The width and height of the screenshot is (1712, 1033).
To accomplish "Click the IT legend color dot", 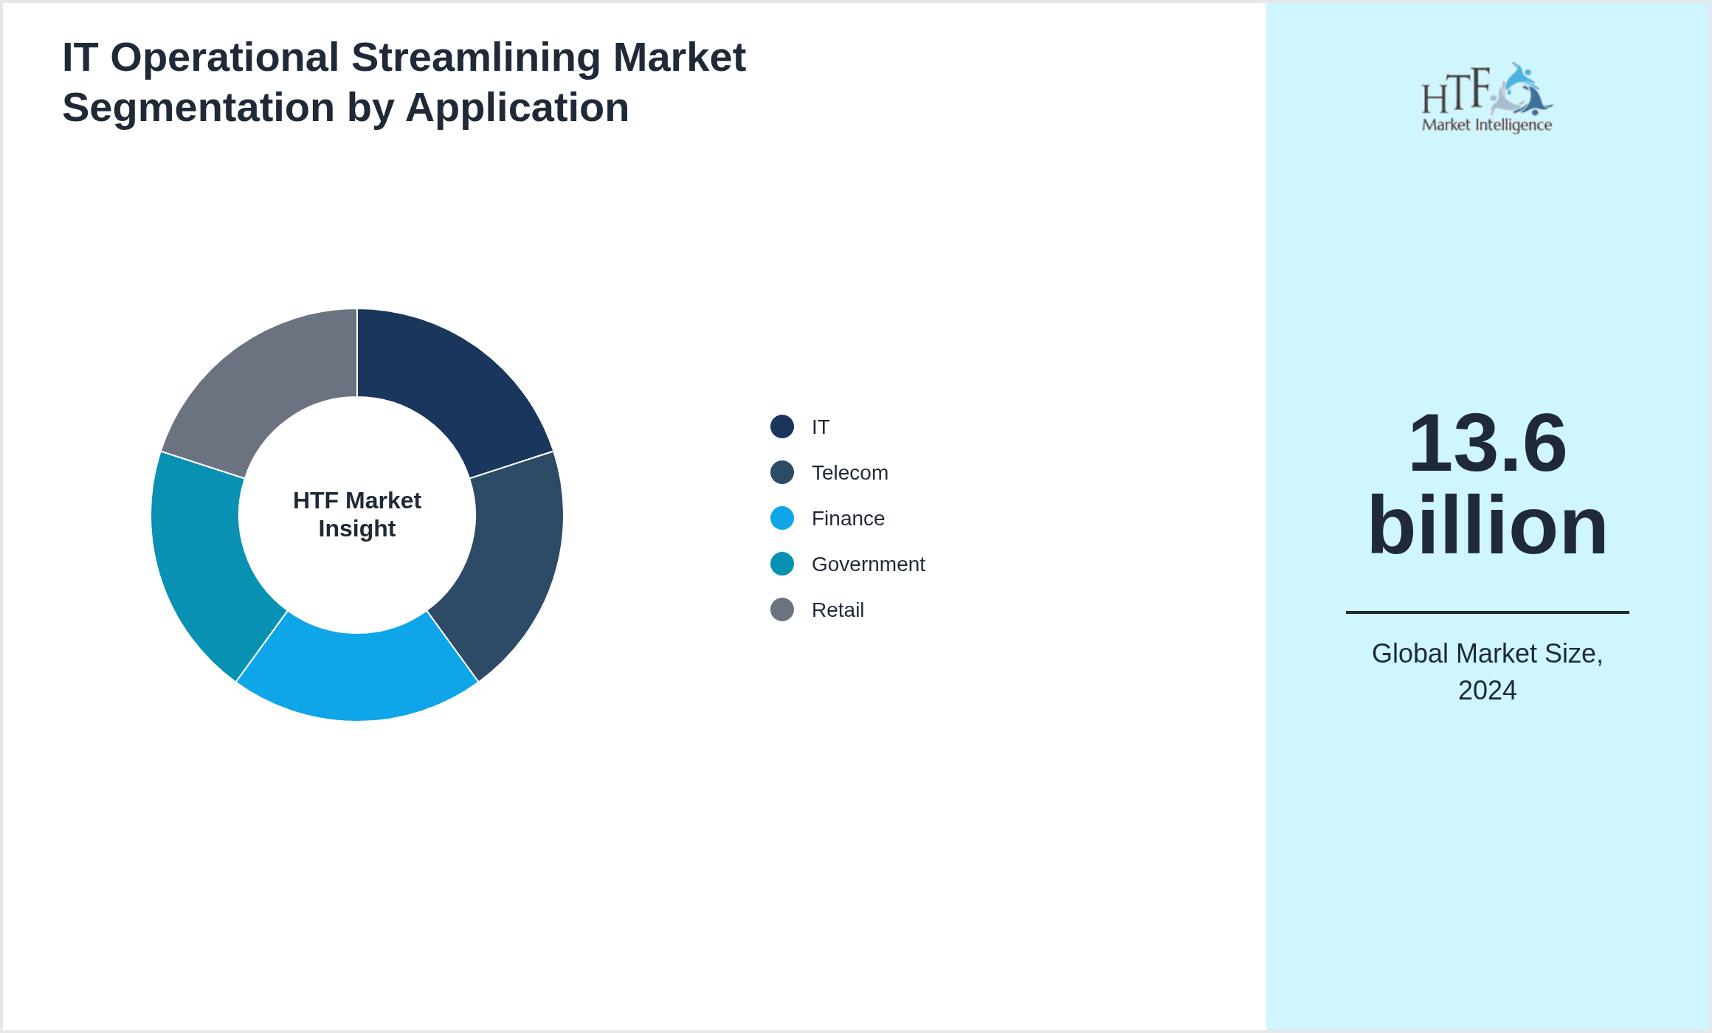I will tap(781, 426).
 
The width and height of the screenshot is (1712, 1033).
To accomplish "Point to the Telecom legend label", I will tap(849, 473).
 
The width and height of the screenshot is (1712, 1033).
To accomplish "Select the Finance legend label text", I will tap(847, 519).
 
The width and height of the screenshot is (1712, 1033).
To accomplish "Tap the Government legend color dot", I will tap(781, 564).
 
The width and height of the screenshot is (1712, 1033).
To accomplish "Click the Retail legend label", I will tap(837, 610).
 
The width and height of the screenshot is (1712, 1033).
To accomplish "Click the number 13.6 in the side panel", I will tap(1486, 443).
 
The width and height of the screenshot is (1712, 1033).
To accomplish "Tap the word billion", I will tap(1486, 525).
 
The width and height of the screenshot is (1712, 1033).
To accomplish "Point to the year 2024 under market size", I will tap(1486, 691).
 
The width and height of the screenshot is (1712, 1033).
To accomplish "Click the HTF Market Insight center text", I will tap(357, 514).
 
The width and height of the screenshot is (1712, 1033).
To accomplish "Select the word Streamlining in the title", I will tap(476, 58).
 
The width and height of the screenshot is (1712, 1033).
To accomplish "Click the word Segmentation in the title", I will tap(198, 108).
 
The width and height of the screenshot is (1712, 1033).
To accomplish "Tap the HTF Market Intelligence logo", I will tap(1486, 98).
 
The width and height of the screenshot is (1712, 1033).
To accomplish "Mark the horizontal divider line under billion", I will tap(1486, 612).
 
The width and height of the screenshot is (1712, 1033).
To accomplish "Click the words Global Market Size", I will tap(1486, 654).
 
